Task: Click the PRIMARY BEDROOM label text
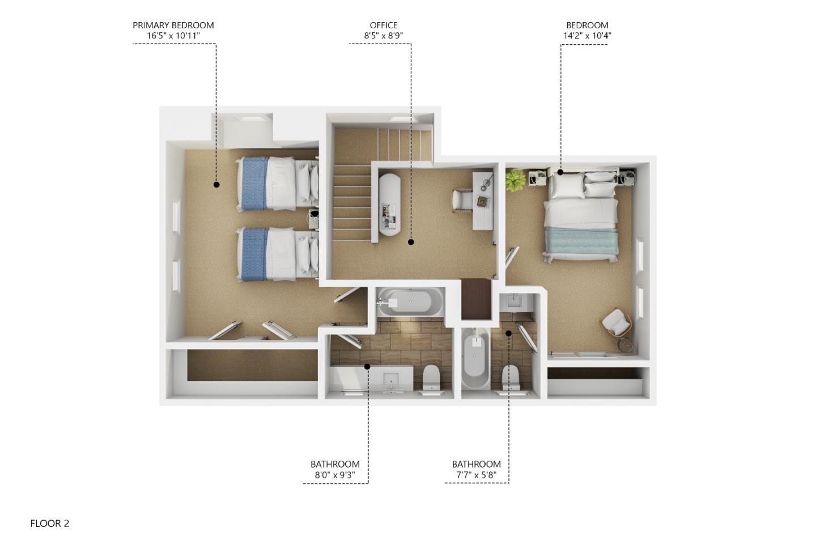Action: [x=173, y=25]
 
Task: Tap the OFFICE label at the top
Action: [x=383, y=25]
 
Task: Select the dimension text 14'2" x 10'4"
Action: [x=586, y=36]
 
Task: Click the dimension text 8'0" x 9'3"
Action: [x=334, y=475]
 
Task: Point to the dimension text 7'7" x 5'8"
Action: [x=476, y=475]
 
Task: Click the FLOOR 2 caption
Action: [x=50, y=524]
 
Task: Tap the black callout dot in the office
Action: [x=411, y=242]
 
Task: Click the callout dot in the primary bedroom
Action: [x=216, y=184]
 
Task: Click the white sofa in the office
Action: [x=389, y=204]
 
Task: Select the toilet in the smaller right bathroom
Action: [x=511, y=376]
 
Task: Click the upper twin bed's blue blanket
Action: [x=253, y=184]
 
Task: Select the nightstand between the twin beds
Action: [x=313, y=218]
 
